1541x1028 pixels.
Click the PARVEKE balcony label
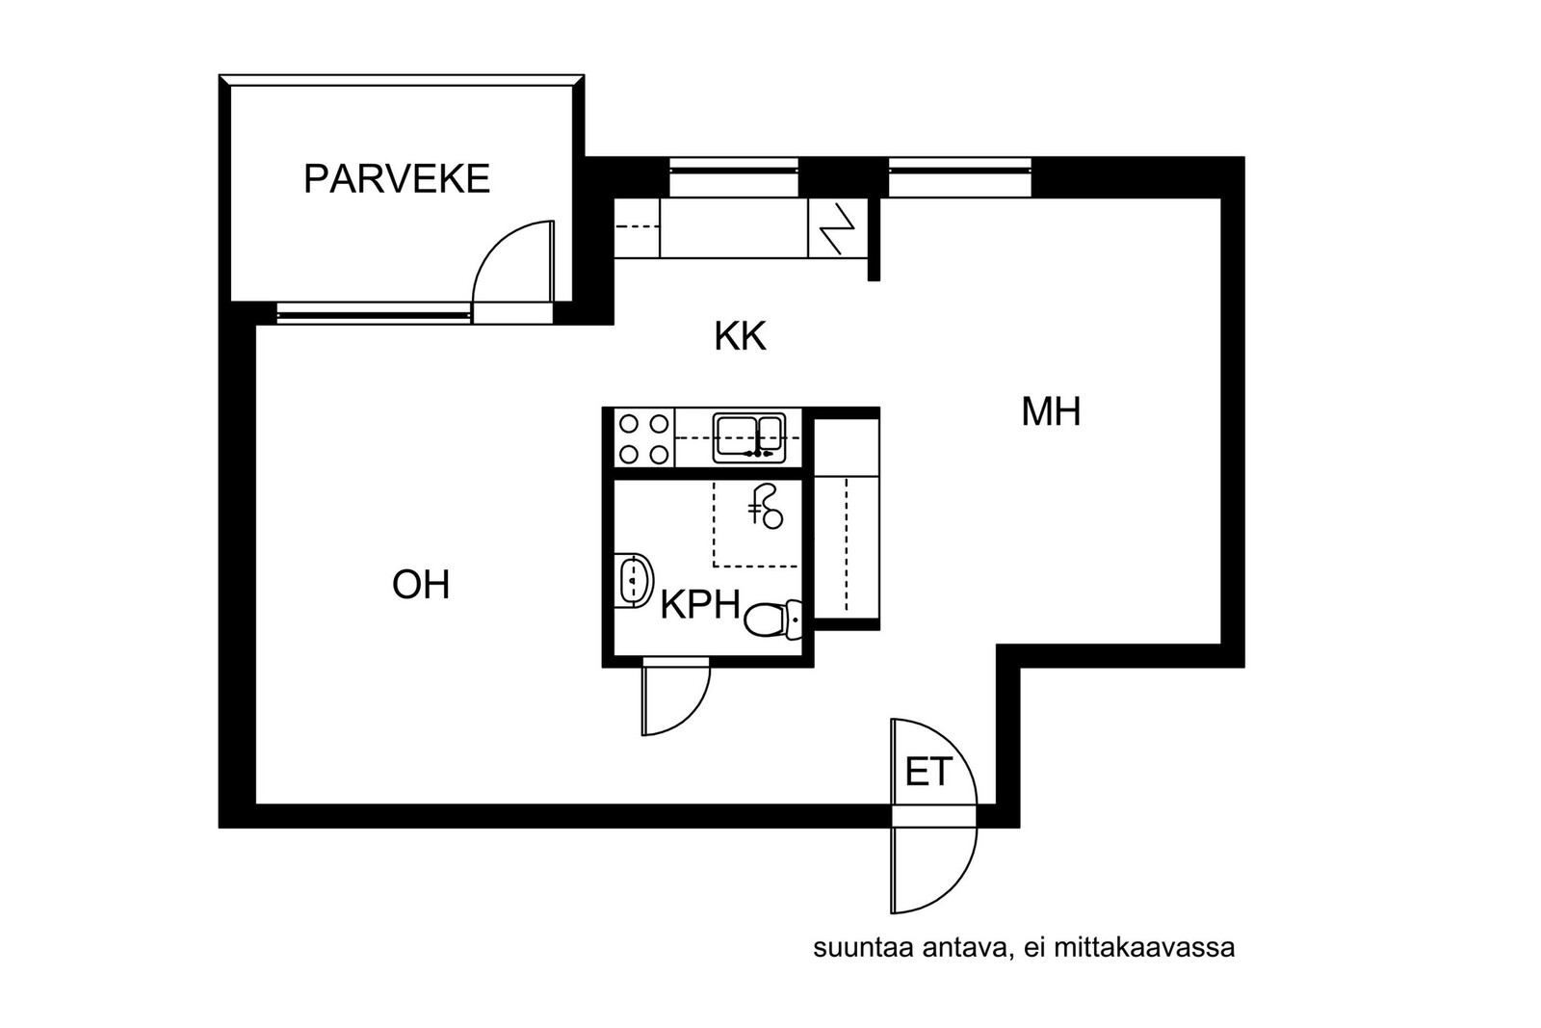tap(396, 179)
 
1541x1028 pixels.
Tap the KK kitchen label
tap(741, 336)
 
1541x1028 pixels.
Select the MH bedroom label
tap(1051, 411)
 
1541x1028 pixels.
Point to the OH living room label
tap(420, 585)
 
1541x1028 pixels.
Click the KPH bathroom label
tap(700, 605)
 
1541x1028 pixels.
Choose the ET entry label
tap(928, 772)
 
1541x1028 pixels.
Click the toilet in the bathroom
tap(773, 619)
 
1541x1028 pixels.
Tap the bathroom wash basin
tap(633, 580)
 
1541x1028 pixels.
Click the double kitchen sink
tap(749, 437)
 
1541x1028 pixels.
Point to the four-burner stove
tap(644, 438)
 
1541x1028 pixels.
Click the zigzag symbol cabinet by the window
tap(837, 227)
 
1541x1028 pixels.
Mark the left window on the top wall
tap(734, 177)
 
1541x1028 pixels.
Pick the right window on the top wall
tap(960, 177)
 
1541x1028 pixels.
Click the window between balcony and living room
tap(374, 314)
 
